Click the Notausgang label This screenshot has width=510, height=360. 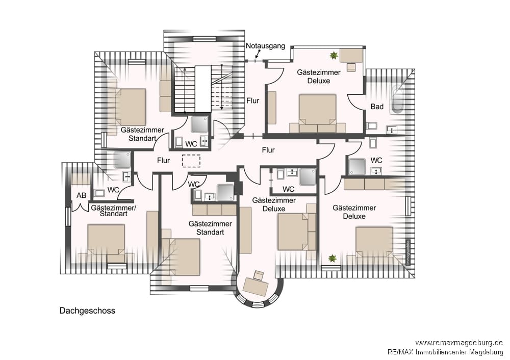265,46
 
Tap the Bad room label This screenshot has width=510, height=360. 377,107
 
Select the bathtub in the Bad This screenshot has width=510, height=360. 396,99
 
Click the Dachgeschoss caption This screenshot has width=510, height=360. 87,311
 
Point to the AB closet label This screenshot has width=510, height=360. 81,195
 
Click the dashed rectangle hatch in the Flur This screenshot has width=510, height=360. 191,161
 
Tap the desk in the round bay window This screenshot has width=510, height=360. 256,287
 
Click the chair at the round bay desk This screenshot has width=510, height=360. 259,275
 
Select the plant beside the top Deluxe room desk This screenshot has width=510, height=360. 334,56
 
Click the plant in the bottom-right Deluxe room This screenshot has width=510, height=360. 332,259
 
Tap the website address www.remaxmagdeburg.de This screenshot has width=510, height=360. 459,343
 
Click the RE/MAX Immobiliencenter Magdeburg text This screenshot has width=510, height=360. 445,351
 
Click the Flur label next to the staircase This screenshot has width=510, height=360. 253,100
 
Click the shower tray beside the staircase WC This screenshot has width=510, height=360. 199,124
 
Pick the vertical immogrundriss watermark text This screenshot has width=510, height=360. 407,252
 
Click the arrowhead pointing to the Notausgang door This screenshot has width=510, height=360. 257,57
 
